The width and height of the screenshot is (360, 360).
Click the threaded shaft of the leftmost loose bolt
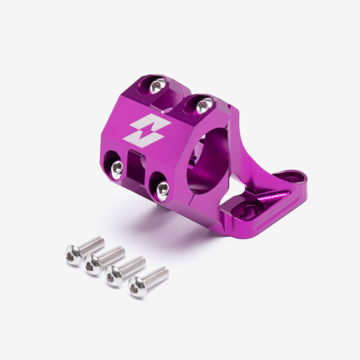tap(92, 245)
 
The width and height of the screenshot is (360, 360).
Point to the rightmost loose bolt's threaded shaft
tap(156, 275)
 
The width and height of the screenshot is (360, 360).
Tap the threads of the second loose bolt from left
tap(112, 255)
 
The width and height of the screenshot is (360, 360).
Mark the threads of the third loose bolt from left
tap(133, 265)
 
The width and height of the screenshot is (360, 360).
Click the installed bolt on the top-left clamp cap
tap(156, 87)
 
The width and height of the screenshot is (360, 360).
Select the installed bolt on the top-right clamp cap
tap(204, 106)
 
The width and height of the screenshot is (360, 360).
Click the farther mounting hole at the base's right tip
tap(292, 178)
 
